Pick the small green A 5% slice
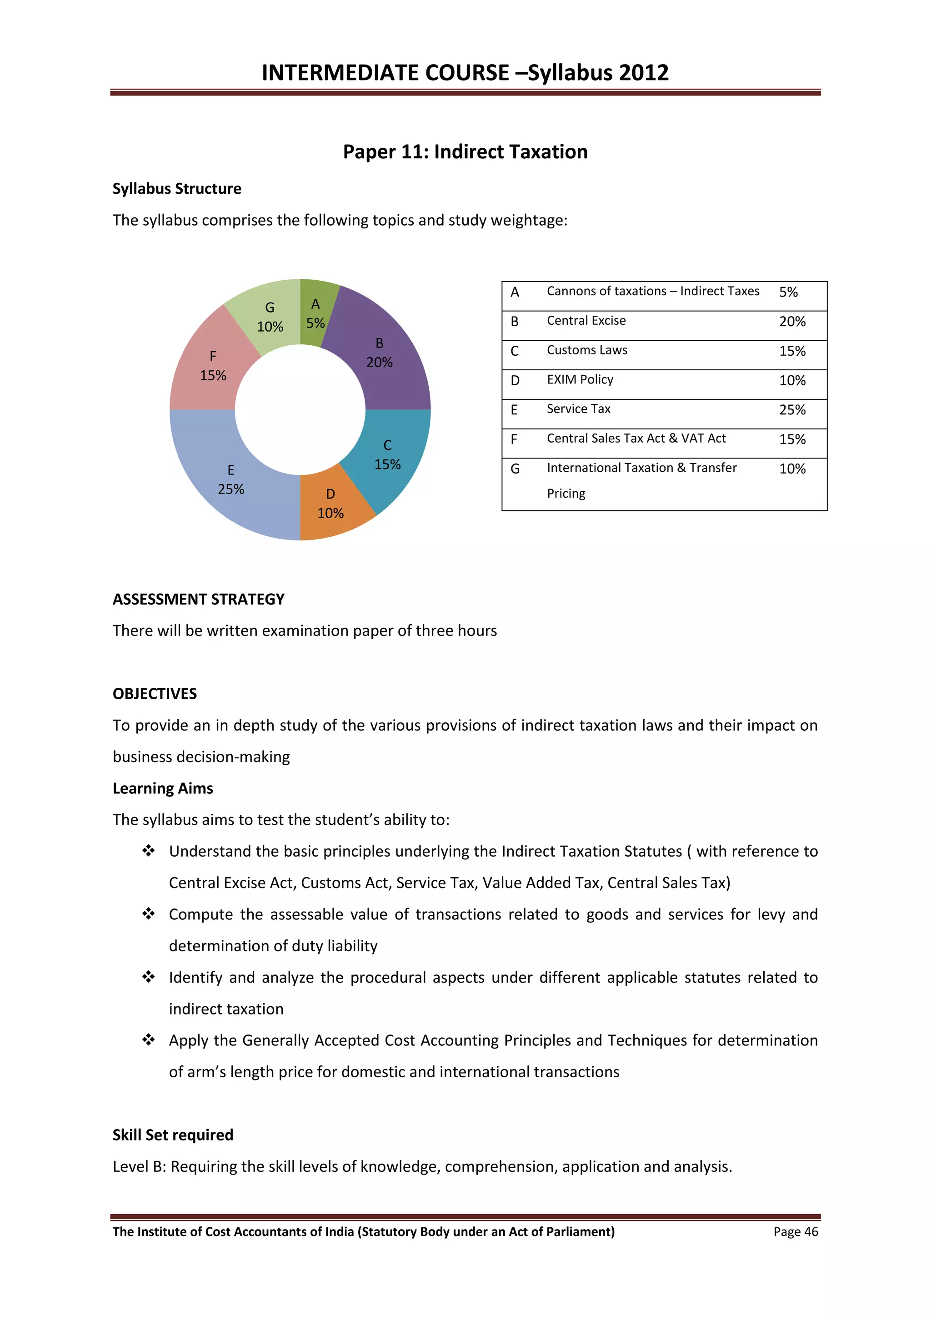pos(315,313)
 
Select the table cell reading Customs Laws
pos(586,350)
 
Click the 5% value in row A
pos(788,292)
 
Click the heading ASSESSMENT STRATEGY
pos(198,600)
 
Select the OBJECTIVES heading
pos(154,694)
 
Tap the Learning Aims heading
pos(162,789)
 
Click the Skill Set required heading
pos(173,1135)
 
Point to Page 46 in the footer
pos(795,1232)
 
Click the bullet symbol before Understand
pos(149,851)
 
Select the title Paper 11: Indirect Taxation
pos(465,152)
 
